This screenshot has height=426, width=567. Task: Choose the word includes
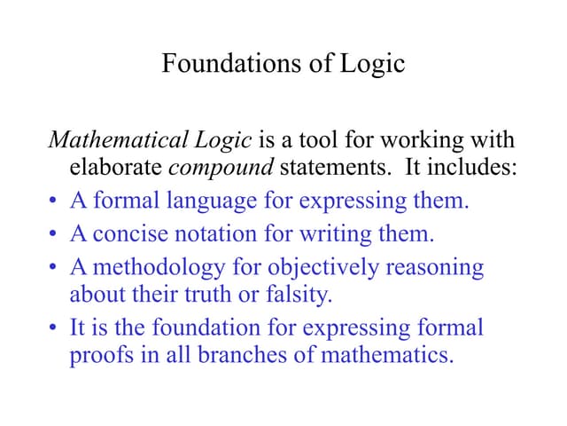click(x=470, y=166)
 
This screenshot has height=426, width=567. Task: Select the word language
click(x=213, y=201)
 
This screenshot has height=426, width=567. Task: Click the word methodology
click(x=154, y=268)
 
